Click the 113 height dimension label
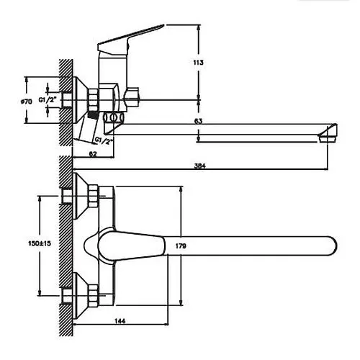(198, 63)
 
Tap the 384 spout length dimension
(200, 166)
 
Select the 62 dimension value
(93, 154)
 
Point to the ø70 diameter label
(27, 102)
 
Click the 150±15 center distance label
(40, 243)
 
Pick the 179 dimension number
(181, 246)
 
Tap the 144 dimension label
(120, 321)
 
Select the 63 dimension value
(198, 121)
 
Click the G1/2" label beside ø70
(48, 100)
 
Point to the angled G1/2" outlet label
(104, 140)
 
